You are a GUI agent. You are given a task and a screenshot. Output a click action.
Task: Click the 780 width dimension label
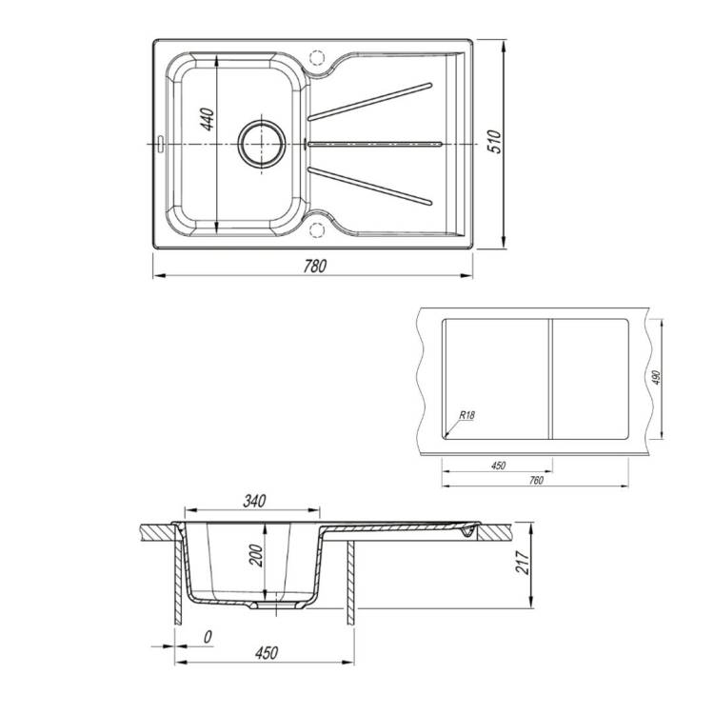315,266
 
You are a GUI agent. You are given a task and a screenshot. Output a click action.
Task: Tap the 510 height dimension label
494,141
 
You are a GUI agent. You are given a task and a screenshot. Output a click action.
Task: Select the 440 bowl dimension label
208,119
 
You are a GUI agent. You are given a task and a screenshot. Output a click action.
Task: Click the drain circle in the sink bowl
262,144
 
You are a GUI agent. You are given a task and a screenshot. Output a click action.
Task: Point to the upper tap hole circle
316,58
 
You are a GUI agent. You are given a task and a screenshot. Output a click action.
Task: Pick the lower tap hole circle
316,230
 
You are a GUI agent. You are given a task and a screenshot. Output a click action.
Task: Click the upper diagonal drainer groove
369,102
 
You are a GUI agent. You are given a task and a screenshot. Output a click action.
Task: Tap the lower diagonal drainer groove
369,187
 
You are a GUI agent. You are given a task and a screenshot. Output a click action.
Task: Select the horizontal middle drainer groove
375,145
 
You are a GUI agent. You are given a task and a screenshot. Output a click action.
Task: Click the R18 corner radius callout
466,415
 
